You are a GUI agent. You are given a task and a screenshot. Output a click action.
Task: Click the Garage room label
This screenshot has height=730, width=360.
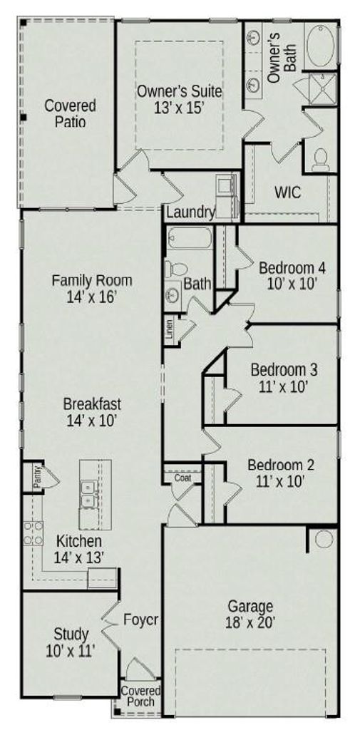[250, 607]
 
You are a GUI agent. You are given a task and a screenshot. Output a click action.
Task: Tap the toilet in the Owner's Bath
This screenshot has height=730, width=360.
[320, 159]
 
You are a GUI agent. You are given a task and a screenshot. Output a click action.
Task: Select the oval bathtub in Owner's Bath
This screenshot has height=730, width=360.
[321, 46]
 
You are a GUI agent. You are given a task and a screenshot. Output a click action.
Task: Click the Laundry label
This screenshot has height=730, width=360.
[190, 212]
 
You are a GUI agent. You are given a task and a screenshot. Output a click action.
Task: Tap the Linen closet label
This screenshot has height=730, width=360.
[170, 329]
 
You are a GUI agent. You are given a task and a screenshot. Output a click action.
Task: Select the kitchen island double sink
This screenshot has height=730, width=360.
[88, 495]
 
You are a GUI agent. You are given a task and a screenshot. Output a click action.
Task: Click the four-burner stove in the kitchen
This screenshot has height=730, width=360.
[33, 533]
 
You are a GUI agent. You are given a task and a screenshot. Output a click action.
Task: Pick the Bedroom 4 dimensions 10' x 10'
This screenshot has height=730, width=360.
[292, 284]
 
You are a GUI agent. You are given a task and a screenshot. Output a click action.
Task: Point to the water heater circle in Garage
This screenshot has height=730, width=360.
[324, 539]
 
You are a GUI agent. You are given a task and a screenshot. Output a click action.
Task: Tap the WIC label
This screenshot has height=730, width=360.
[287, 192]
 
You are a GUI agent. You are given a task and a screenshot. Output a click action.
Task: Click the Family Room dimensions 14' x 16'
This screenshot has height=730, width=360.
[92, 297]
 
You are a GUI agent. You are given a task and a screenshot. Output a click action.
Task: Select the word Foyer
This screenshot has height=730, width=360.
[142, 620]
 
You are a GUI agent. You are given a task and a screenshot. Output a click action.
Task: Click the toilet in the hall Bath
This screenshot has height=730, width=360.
[175, 269]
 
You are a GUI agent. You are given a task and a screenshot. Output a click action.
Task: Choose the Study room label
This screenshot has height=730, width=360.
[71, 634]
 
